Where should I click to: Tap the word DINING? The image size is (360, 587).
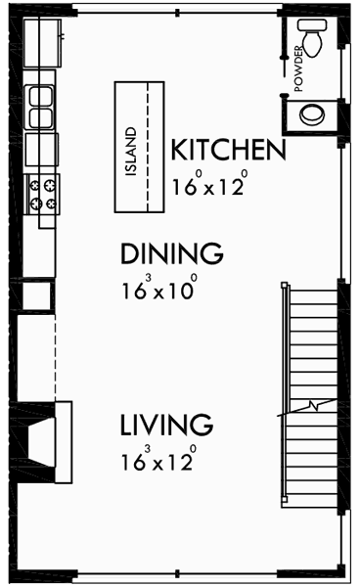171,254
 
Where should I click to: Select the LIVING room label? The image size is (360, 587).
166,426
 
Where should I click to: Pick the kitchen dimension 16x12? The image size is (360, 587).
209,185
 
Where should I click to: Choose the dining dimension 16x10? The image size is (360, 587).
159,290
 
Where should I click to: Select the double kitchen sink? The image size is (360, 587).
41,107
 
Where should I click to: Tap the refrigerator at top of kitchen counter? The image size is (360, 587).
43,41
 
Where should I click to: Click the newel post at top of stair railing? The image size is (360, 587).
285,286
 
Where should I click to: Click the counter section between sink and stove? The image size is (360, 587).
41,150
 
